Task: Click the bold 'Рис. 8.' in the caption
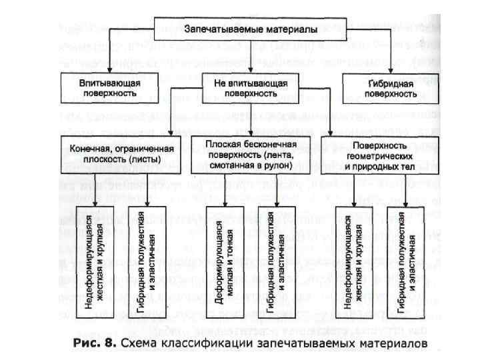(96, 344)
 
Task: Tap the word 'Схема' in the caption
(145, 344)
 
